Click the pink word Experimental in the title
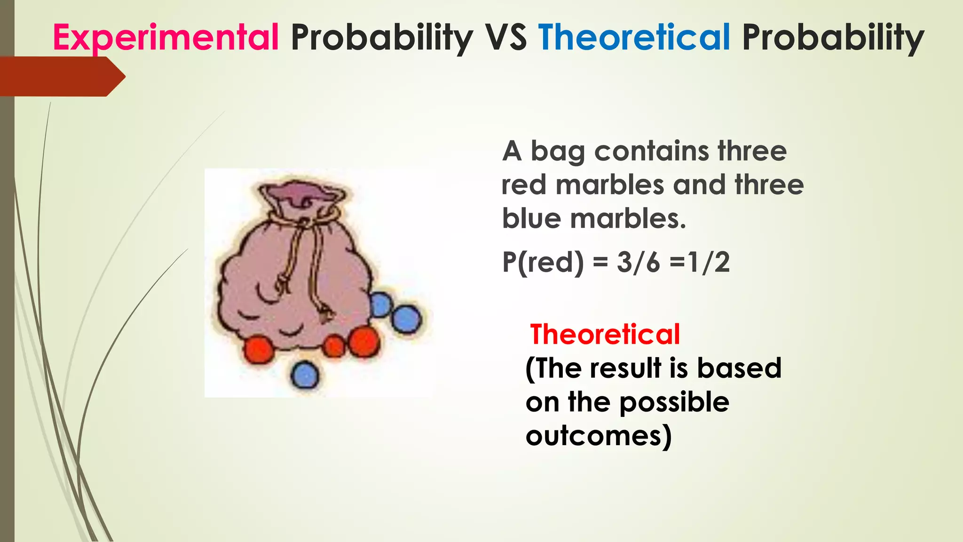pyautogui.click(x=166, y=37)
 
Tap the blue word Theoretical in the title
pyautogui.click(x=634, y=37)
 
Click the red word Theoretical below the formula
pyautogui.click(x=605, y=335)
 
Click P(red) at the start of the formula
pyautogui.click(x=543, y=263)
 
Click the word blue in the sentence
pyautogui.click(x=531, y=219)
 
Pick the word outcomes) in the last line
pyautogui.click(x=599, y=436)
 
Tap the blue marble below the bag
pyautogui.click(x=305, y=375)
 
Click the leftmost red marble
pyautogui.click(x=259, y=349)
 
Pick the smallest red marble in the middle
pyautogui.click(x=334, y=347)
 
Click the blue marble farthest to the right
pyautogui.click(x=406, y=319)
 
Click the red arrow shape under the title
pyautogui.click(x=61, y=77)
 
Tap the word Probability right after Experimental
pyautogui.click(x=382, y=37)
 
